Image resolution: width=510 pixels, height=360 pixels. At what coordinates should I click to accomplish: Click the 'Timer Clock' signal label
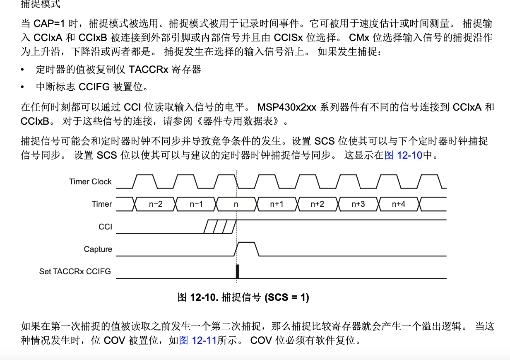[90, 181]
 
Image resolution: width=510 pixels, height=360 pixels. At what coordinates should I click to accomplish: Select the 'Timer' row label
[102, 204]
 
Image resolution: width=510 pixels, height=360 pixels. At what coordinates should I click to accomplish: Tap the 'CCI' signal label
[106, 227]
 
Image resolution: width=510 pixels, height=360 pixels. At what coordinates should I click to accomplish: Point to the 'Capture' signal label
[98, 249]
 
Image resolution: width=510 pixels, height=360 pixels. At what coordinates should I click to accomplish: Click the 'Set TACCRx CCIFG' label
[75, 271]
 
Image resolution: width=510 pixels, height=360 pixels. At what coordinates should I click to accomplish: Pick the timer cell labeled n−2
[156, 204]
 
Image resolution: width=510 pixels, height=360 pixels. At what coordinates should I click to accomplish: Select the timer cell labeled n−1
[196, 204]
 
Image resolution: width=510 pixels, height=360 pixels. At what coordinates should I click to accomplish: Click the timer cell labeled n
[236, 204]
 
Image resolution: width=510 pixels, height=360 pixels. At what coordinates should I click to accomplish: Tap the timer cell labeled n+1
[277, 204]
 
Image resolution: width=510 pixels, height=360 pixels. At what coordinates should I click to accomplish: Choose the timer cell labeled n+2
[318, 204]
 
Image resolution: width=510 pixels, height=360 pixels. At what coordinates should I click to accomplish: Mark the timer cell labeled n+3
[358, 204]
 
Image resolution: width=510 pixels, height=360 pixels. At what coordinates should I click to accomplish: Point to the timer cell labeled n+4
[399, 204]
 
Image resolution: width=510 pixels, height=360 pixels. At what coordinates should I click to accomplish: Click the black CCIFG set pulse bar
[238, 271]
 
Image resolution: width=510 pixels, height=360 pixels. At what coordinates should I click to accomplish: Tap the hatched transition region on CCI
[220, 227]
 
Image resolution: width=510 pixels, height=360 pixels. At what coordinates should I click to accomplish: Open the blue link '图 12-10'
[404, 155]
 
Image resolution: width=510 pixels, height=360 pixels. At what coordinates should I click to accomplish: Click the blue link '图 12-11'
[198, 341]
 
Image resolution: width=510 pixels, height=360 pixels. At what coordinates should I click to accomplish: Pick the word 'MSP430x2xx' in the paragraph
[286, 107]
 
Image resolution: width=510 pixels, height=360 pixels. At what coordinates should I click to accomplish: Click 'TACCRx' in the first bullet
[149, 70]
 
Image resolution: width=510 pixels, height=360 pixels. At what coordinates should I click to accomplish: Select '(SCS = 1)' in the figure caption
[287, 297]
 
